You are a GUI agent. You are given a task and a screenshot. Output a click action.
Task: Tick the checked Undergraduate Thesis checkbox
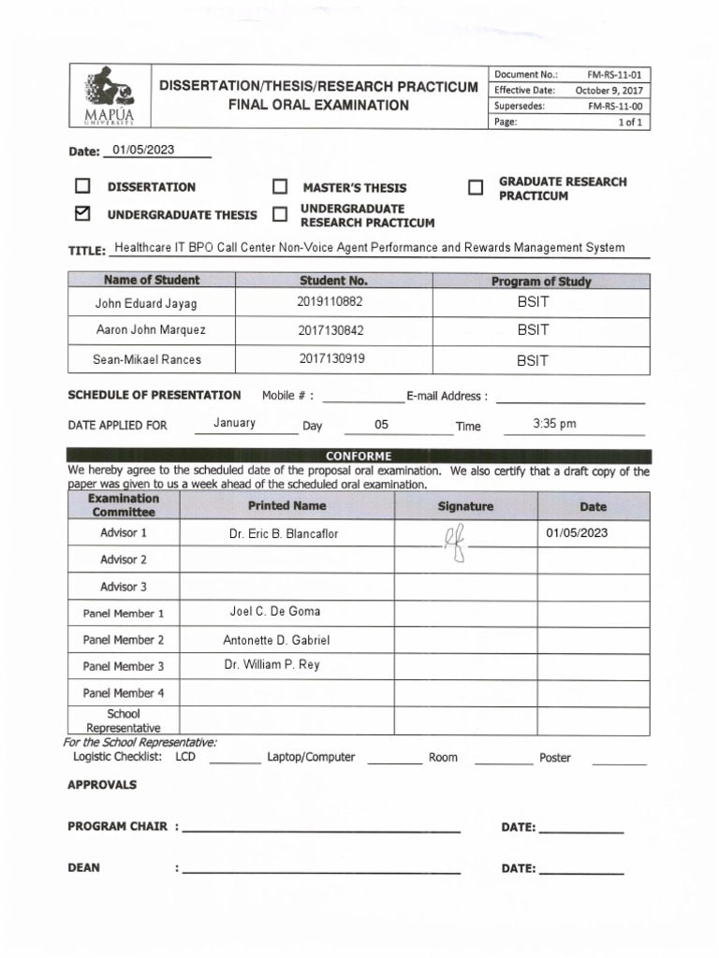[82, 214]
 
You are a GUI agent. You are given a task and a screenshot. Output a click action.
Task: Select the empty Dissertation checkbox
[82, 186]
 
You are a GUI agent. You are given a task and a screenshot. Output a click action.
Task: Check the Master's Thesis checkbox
[280, 187]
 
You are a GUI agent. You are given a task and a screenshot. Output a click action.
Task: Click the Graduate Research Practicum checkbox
[476, 188]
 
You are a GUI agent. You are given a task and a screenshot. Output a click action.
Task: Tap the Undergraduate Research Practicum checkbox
[280, 215]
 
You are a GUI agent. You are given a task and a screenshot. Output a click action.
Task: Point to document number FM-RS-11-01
[614, 74]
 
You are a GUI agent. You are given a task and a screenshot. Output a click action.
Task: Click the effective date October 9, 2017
[606, 90]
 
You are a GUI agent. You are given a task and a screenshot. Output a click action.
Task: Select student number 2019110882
[330, 302]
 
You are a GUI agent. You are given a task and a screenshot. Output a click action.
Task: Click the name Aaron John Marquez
[151, 330]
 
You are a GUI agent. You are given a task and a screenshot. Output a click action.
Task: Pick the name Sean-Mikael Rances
[147, 359]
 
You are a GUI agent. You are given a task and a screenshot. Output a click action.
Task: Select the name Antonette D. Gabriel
[276, 640]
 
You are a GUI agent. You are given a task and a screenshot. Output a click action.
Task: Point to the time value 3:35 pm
[554, 424]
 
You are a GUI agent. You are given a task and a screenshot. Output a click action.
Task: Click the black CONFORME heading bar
[359, 456]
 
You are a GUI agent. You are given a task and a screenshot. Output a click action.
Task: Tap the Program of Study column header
[541, 281]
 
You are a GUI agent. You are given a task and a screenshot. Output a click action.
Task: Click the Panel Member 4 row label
[124, 693]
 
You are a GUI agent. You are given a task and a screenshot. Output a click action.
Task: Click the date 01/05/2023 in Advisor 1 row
[577, 532]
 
